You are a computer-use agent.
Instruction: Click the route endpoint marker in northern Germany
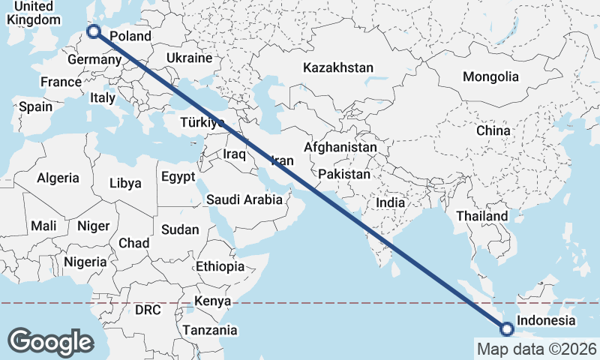coord(94,31)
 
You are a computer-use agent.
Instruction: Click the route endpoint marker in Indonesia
coord(507,328)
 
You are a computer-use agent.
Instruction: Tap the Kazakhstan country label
coord(337,67)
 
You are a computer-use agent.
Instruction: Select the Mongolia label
coord(490,76)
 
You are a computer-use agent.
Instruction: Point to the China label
coord(493,130)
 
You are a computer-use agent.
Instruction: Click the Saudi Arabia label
coord(244,199)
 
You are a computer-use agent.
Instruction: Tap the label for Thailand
coord(482,216)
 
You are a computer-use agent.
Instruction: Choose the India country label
coord(390,202)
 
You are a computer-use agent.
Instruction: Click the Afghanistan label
coord(340,148)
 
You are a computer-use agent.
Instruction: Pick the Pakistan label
coord(344,174)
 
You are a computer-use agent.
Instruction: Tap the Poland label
coord(130,36)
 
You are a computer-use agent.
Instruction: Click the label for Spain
coord(36,106)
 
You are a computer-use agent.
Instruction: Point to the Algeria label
coord(58,178)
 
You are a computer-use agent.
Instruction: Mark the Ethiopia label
coord(220,266)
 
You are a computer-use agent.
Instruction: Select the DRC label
coord(148,309)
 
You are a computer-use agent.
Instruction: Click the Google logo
coord(51,342)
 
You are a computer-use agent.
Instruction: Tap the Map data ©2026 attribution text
coord(536,349)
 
